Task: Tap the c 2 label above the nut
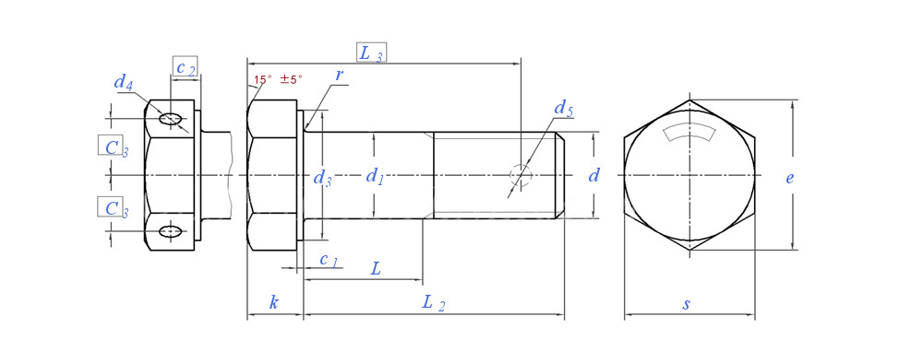[186, 67]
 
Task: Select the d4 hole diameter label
[123, 82]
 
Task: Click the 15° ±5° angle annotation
[278, 79]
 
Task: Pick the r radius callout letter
[339, 75]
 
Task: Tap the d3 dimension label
[322, 178]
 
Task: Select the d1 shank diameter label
[375, 175]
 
